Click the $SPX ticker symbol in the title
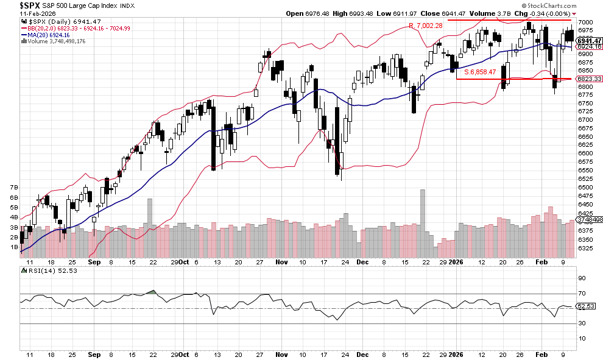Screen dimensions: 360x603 tap(17, 5)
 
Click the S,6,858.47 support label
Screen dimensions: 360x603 tap(480, 71)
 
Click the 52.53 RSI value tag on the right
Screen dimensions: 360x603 tap(585, 306)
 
